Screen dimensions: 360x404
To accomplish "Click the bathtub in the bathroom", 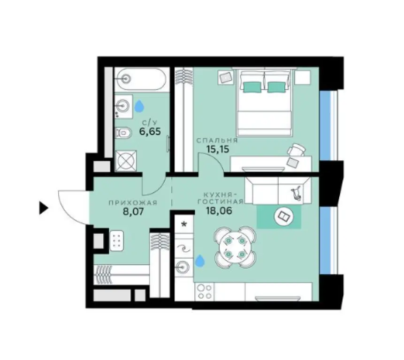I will tap(140, 79).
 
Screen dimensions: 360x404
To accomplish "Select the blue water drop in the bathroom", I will tap(139, 107).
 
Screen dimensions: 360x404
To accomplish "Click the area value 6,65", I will tap(150, 132).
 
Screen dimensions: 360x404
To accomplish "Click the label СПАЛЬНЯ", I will tap(217, 140).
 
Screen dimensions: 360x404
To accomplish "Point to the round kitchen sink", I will tap(183, 267).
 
